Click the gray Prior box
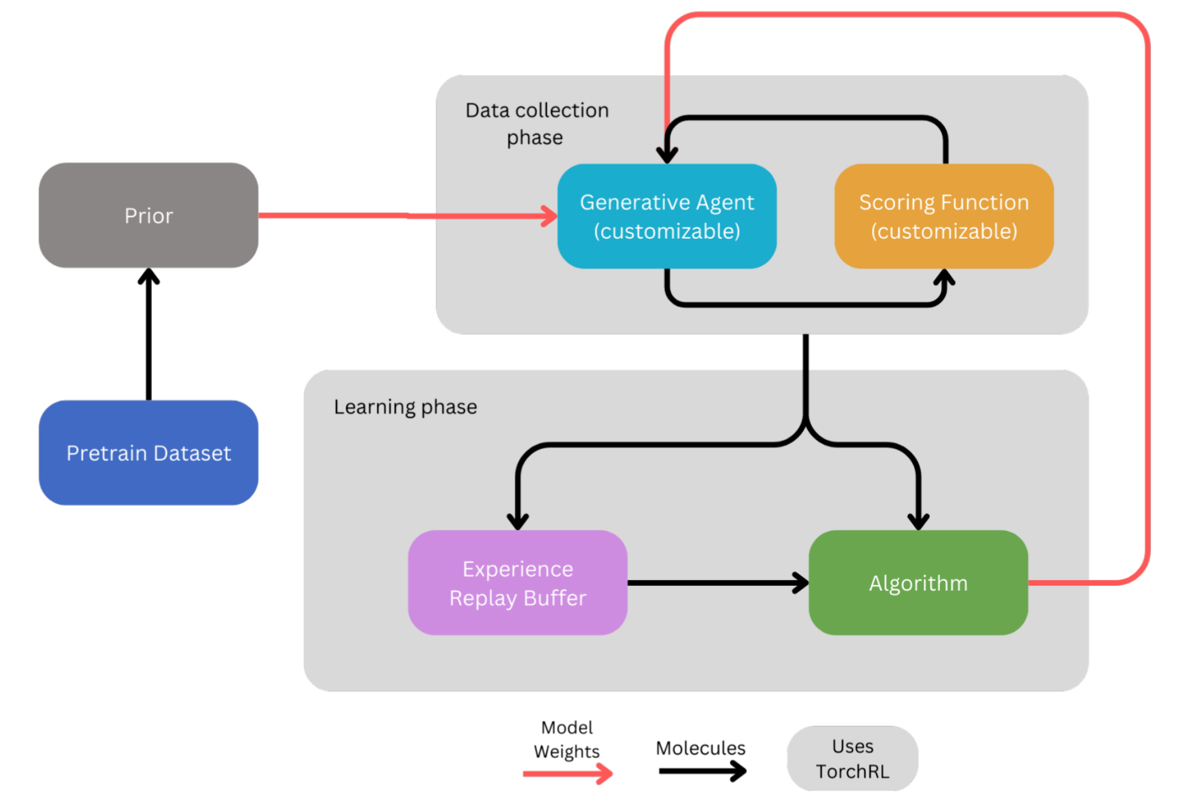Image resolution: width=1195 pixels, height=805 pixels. tap(148, 215)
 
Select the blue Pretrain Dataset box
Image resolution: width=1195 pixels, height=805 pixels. tap(148, 453)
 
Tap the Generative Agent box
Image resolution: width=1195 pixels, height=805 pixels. tap(666, 216)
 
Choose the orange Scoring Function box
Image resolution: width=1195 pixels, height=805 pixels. tap(944, 216)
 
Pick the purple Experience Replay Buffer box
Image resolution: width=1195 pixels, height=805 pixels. tap(517, 583)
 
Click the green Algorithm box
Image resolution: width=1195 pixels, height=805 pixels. tap(918, 583)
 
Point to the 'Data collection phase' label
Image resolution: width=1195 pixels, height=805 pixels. tap(537, 124)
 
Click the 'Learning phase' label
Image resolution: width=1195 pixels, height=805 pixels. tap(405, 407)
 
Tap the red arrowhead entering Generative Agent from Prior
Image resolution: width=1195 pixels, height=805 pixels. tap(549, 216)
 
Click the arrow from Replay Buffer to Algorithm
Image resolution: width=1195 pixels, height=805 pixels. tap(717, 583)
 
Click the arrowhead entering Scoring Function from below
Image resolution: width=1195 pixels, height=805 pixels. tap(944, 278)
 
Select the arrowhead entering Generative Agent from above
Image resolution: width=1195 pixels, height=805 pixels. tap(667, 154)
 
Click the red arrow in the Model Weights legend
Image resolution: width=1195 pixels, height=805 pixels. tap(567, 773)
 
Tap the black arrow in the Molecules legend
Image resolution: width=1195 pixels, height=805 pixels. tap(702, 771)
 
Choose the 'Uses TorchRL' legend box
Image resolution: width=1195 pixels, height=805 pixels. tap(852, 759)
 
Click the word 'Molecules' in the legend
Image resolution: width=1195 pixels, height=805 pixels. tap(701, 748)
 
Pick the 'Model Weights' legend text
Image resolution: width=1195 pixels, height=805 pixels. tap(567, 739)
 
